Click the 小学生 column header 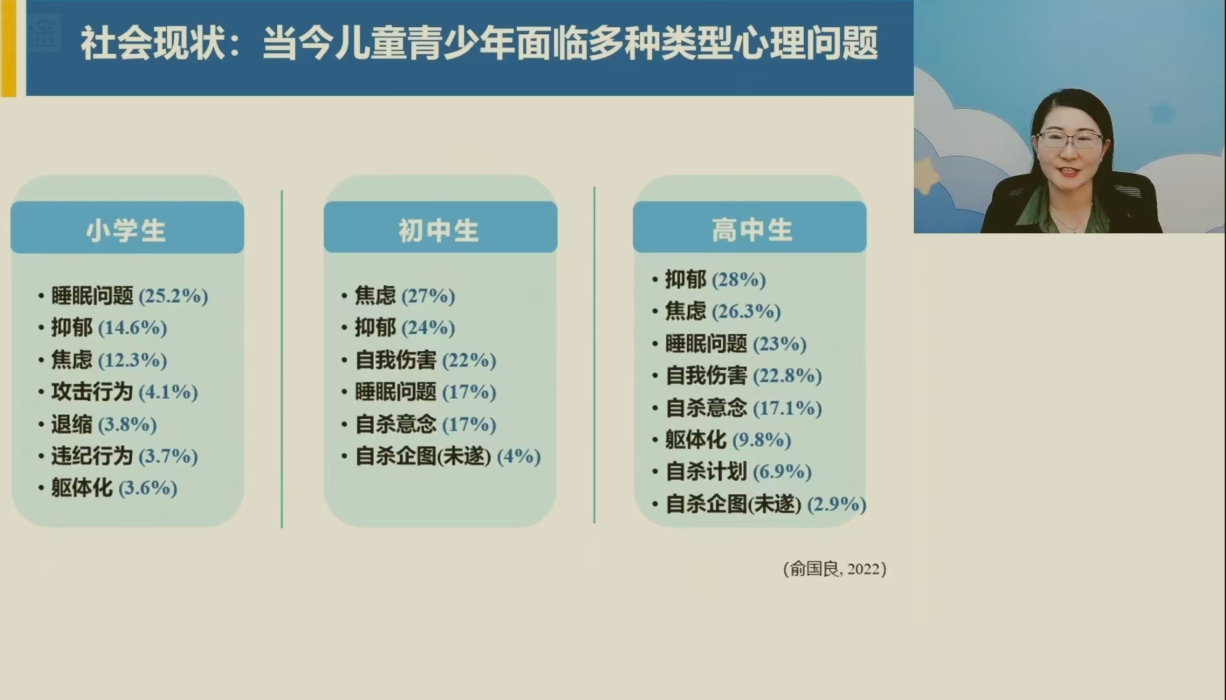[126, 230]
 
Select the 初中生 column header [438, 230]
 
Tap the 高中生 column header [752, 229]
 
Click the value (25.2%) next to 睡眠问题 [174, 296]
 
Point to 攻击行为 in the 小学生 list [92, 391]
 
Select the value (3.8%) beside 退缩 [128, 425]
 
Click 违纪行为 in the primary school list [92, 456]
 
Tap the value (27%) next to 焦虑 [428, 296]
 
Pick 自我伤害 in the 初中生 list [396, 360]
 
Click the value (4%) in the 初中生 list [519, 456]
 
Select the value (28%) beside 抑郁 [739, 279]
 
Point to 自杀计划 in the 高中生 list [706, 471]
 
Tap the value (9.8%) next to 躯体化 [762, 439]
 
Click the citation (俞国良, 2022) [835, 569]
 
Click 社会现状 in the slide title [153, 44]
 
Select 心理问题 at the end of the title [806, 44]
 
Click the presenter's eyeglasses [1069, 139]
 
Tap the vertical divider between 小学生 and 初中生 [282, 358]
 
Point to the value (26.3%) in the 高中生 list [747, 311]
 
